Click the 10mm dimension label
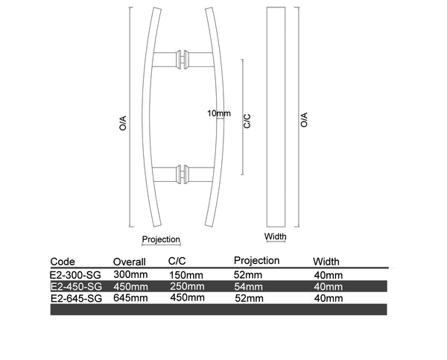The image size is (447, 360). click(x=219, y=113)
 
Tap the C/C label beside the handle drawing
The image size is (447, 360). click(x=247, y=121)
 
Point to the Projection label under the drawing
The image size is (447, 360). click(x=161, y=239)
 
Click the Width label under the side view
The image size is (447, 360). click(x=276, y=238)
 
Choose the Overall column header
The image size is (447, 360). click(x=129, y=262)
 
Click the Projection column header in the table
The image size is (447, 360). click(x=256, y=260)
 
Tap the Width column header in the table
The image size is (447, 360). click(x=326, y=262)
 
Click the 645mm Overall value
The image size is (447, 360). click(x=130, y=298)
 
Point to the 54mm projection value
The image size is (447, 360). click(x=248, y=286)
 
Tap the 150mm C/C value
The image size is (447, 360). click(x=186, y=275)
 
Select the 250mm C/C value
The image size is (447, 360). click(x=186, y=286)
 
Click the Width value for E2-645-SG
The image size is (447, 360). click(x=329, y=298)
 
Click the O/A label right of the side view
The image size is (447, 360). click(x=304, y=120)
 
